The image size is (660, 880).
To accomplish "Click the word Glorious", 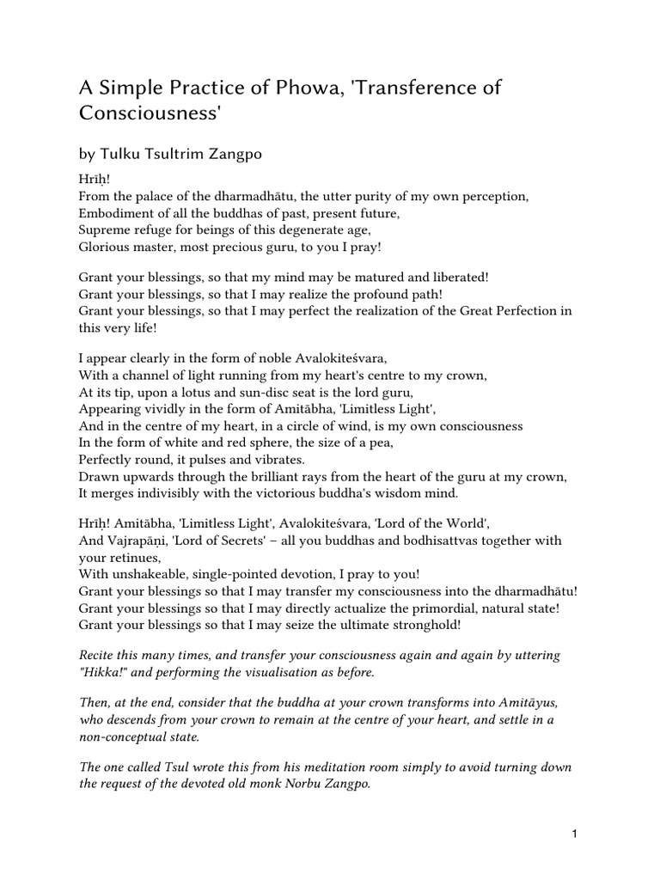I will coord(107,246).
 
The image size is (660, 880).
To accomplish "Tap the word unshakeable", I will coord(151,574).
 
